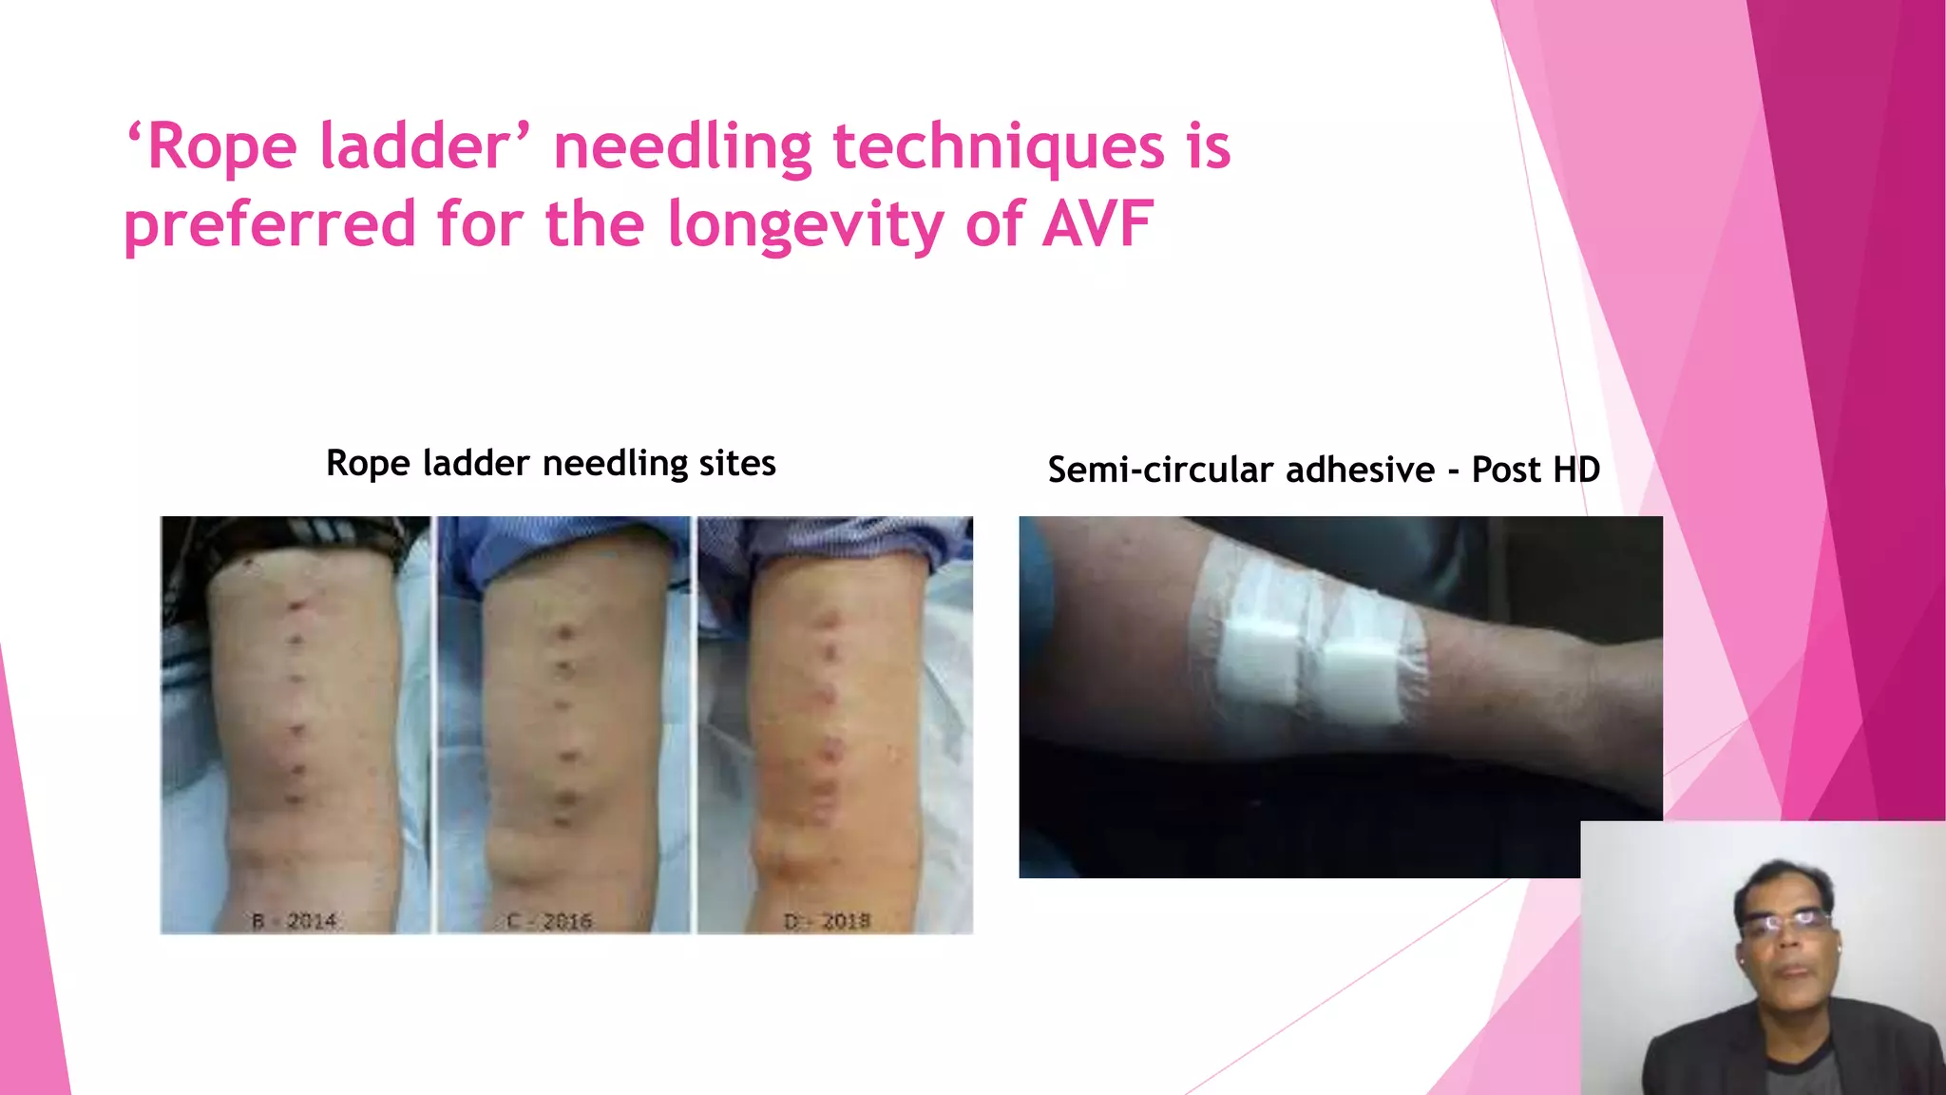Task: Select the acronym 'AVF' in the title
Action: pyautogui.click(x=1097, y=224)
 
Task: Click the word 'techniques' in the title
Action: pyautogui.click(x=998, y=147)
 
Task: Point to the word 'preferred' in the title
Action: pyautogui.click(x=270, y=225)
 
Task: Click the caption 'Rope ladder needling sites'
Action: pyautogui.click(x=550, y=463)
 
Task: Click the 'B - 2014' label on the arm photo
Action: pyautogui.click(x=294, y=920)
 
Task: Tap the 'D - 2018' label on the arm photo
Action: pyautogui.click(x=827, y=920)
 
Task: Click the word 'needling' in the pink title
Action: pyautogui.click(x=681, y=147)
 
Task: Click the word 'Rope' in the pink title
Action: pyautogui.click(x=222, y=147)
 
